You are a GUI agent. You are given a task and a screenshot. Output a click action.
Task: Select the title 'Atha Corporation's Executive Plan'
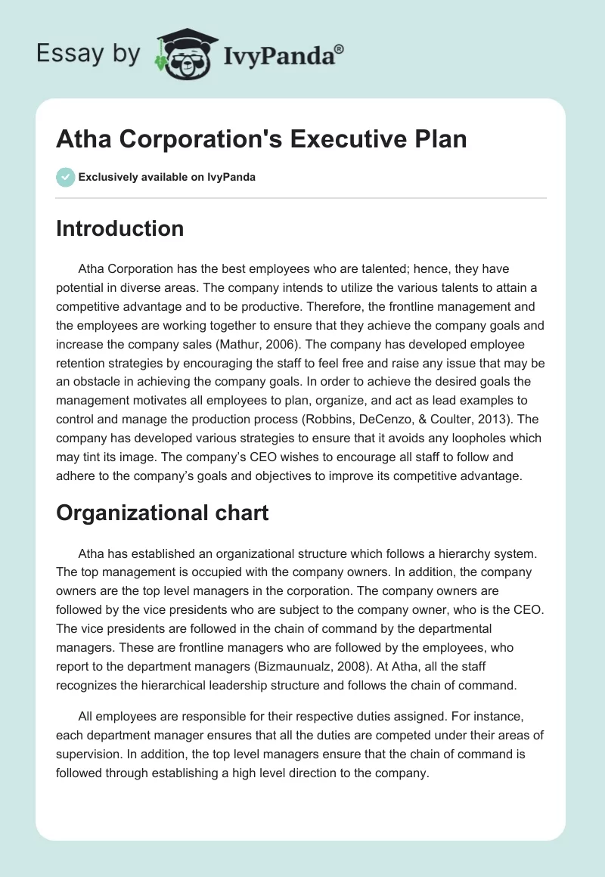262,140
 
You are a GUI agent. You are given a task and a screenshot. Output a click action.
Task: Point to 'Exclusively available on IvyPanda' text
166,177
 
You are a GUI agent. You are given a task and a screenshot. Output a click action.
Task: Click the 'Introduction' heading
119,228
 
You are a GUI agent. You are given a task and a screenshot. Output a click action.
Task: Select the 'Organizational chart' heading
162,513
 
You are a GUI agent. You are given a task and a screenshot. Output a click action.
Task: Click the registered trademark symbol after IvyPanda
340,48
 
